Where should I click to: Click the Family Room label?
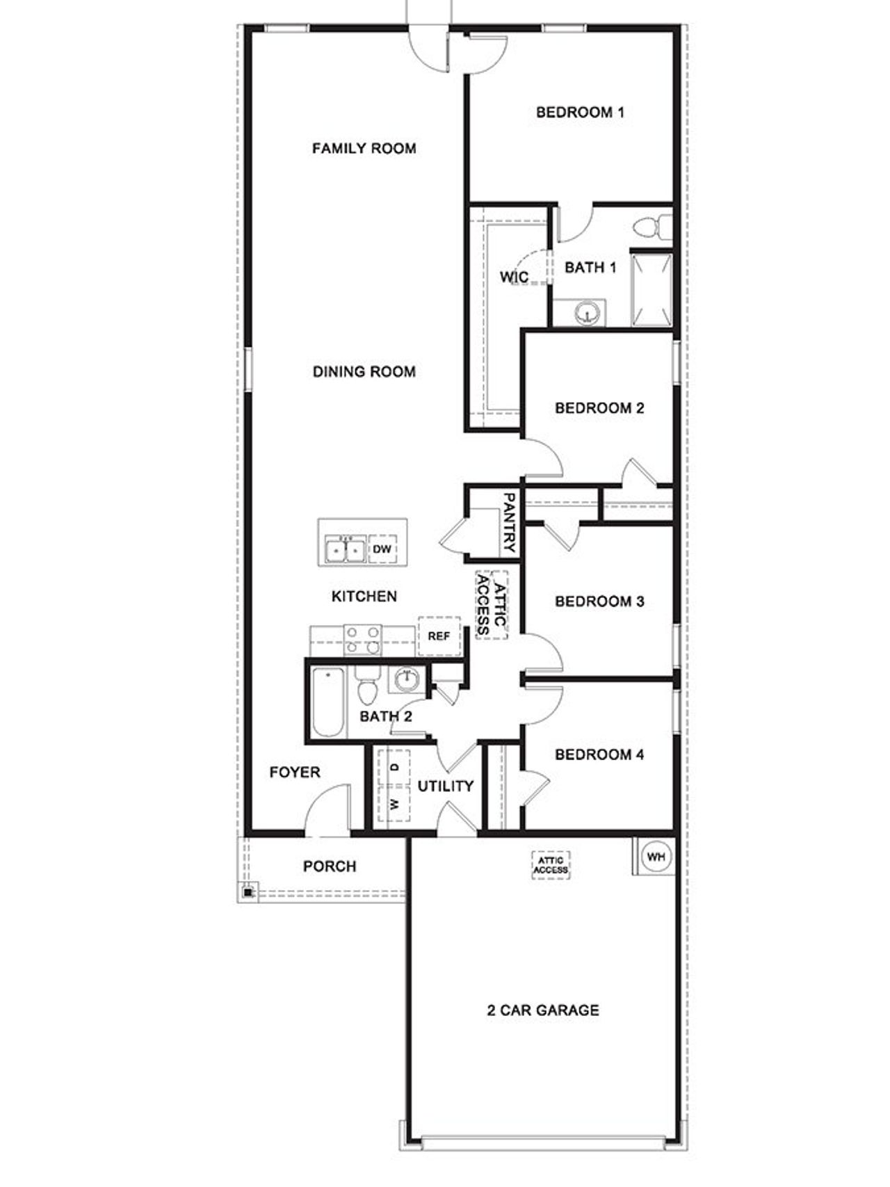pyautogui.click(x=364, y=148)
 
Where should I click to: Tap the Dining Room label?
pyautogui.click(x=364, y=371)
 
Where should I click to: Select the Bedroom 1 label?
pyautogui.click(x=580, y=112)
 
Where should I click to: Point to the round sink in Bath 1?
pyautogui.click(x=588, y=313)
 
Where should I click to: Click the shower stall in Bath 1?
pyautogui.click(x=652, y=290)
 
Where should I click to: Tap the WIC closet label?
pyautogui.click(x=514, y=277)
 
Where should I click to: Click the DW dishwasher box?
pyautogui.click(x=382, y=549)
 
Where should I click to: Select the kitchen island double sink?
pyautogui.click(x=346, y=549)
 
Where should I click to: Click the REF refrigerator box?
pyautogui.click(x=439, y=636)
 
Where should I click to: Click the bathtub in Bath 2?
pyautogui.click(x=327, y=702)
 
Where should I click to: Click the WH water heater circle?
pyautogui.click(x=656, y=857)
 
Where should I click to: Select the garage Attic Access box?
pyautogui.click(x=551, y=865)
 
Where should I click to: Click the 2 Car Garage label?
pyautogui.click(x=542, y=1010)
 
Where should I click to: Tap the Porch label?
pyautogui.click(x=330, y=866)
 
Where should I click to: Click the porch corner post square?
pyautogui.click(x=248, y=892)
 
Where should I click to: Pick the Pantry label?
pyautogui.click(x=510, y=522)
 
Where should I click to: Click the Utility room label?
pyautogui.click(x=445, y=786)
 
